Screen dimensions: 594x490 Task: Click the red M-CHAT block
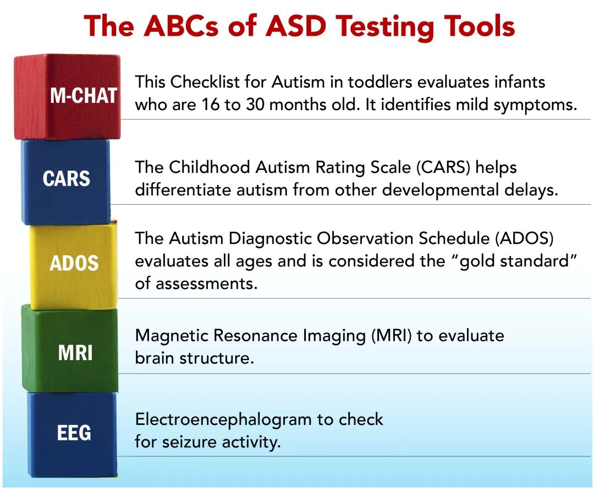pos(68,97)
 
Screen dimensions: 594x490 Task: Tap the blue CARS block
pos(66,182)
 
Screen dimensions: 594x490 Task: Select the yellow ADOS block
pos(74,266)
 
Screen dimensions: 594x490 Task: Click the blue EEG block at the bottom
pos(73,434)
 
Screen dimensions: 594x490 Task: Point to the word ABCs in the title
pos(181,26)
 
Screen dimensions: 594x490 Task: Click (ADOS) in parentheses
pos(524,238)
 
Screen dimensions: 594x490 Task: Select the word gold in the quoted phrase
pos(475,262)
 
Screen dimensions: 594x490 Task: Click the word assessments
pos(206,284)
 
